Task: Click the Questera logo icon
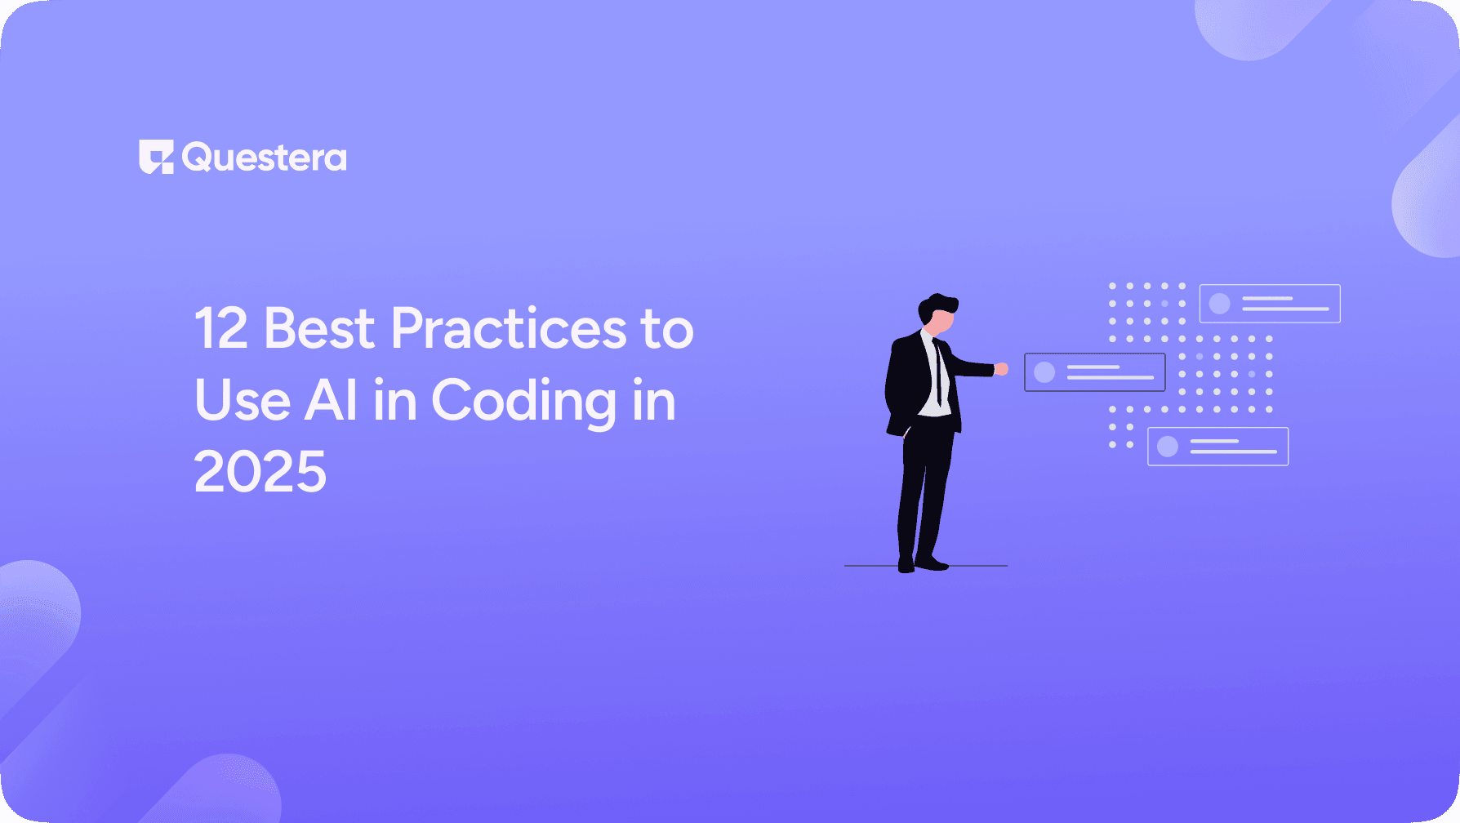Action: point(156,157)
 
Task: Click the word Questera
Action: point(265,158)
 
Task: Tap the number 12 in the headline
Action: point(220,329)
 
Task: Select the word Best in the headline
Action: point(319,329)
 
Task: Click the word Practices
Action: point(508,329)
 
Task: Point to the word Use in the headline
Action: point(242,401)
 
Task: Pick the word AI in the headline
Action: point(331,401)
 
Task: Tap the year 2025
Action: point(260,473)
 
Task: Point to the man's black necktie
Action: point(939,371)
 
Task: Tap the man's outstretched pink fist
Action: point(1001,369)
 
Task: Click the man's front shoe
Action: point(932,563)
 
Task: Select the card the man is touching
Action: point(1094,372)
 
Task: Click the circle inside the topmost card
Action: point(1219,304)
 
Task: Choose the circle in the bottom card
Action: point(1168,447)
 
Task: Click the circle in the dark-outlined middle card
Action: point(1044,372)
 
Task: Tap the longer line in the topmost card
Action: point(1285,309)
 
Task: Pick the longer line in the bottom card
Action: point(1233,452)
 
